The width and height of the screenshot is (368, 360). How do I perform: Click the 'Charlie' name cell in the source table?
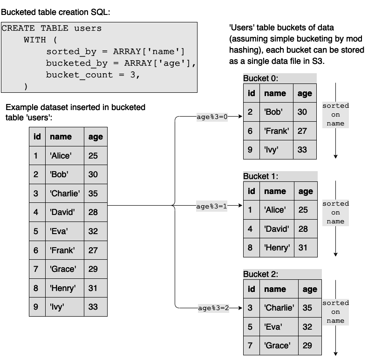65,194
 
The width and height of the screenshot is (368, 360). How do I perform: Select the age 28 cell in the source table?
96,212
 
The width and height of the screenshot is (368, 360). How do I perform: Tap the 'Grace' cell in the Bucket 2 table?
279,346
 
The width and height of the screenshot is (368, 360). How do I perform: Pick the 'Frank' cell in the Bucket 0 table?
277,131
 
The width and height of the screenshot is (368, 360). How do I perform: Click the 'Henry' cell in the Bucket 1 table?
277,248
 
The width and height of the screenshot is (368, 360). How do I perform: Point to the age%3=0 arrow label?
212,117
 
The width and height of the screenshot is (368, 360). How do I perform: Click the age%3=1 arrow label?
211,206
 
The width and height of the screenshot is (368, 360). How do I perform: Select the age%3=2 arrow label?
213,308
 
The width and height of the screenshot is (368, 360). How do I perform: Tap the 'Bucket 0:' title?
260,78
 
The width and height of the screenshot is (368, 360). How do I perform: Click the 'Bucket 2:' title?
260,274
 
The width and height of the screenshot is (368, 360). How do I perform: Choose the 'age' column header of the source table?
96,137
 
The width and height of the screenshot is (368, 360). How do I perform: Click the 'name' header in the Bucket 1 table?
277,191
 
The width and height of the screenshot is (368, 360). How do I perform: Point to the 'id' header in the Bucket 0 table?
252,93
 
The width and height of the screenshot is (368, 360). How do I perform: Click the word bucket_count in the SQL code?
79,75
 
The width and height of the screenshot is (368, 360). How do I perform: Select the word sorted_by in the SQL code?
71,51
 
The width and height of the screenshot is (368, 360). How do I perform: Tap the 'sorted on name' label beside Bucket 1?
335,213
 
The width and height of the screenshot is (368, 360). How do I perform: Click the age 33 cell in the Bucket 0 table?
305,150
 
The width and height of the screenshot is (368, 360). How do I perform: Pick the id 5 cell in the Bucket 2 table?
252,326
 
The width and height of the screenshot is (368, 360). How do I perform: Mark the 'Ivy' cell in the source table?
65,307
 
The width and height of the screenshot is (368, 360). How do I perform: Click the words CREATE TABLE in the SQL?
35,28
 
